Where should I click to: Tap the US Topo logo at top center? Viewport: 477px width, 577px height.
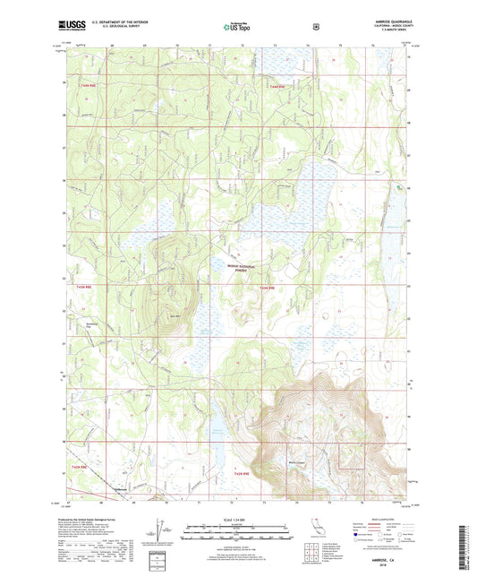coord(238,27)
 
